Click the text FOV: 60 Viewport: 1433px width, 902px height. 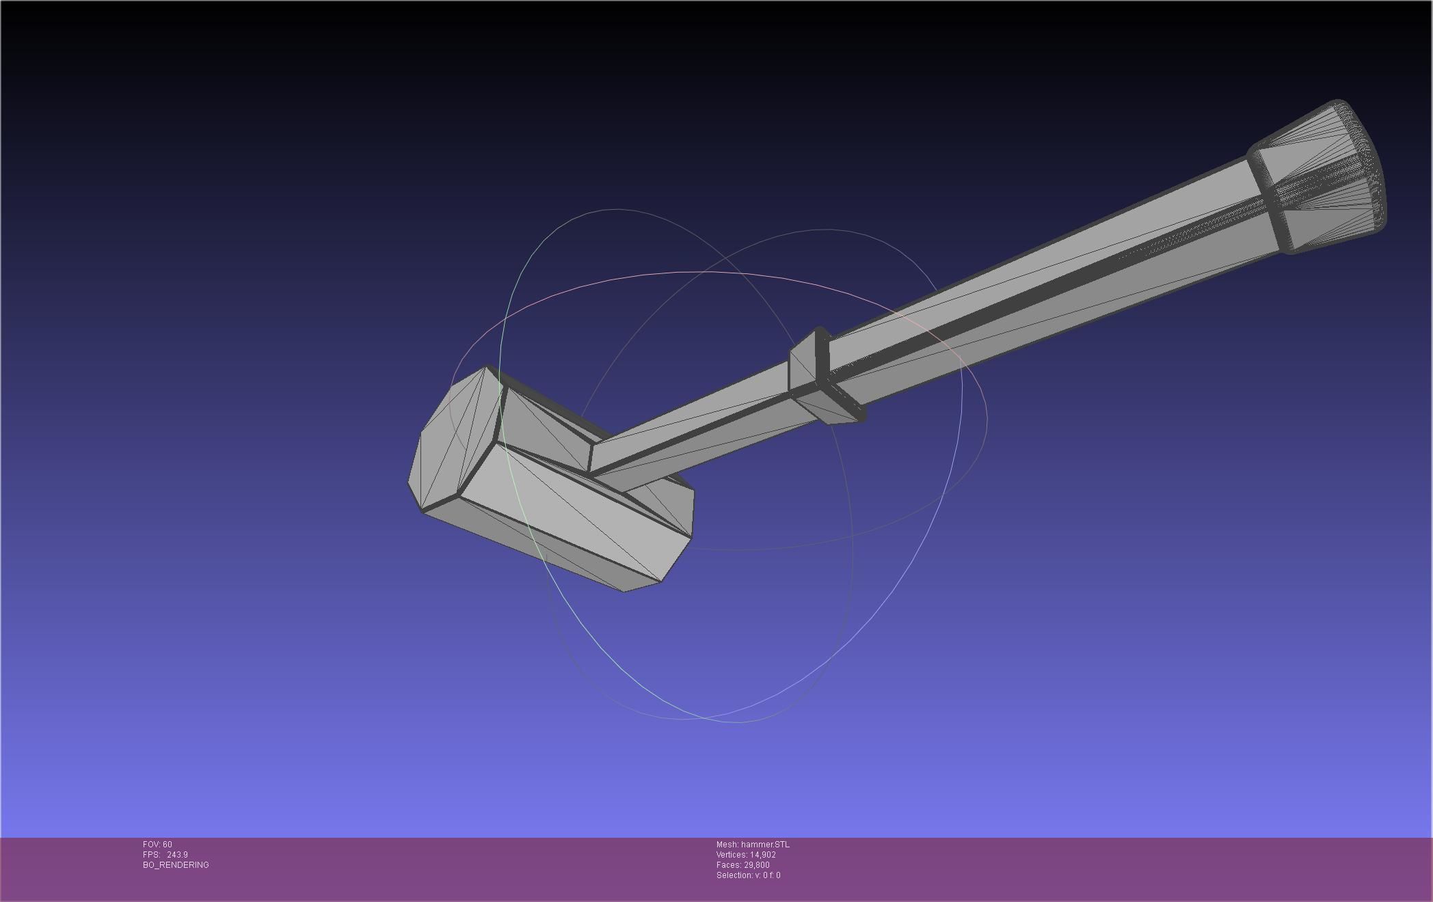coord(157,845)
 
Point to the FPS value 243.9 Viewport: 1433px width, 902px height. coord(177,855)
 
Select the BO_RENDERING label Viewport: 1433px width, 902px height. coord(176,865)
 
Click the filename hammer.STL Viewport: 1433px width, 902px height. coord(765,845)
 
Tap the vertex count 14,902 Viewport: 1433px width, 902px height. coord(762,855)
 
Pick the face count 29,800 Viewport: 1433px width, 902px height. coord(756,865)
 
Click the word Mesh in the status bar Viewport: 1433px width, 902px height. coord(727,845)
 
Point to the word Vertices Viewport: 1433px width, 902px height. coord(732,855)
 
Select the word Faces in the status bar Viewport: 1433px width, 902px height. coord(728,865)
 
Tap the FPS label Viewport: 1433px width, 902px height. coord(150,855)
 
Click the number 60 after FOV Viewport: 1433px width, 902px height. coord(168,845)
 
